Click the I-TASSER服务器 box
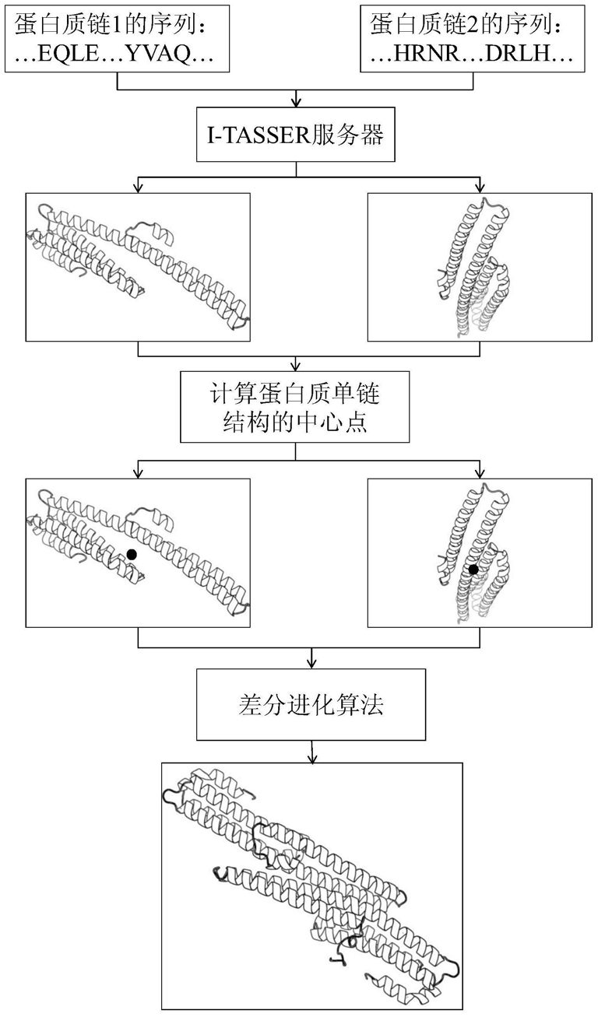click(295, 135)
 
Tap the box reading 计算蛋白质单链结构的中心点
click(295, 407)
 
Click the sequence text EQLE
click(69, 54)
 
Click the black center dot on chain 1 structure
click(132, 554)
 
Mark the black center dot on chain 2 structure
click(473, 570)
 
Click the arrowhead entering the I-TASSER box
click(296, 103)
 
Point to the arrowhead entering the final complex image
click(311, 758)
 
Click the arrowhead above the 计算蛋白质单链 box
click(296, 366)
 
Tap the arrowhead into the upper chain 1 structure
click(138, 188)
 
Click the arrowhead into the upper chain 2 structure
click(480, 188)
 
